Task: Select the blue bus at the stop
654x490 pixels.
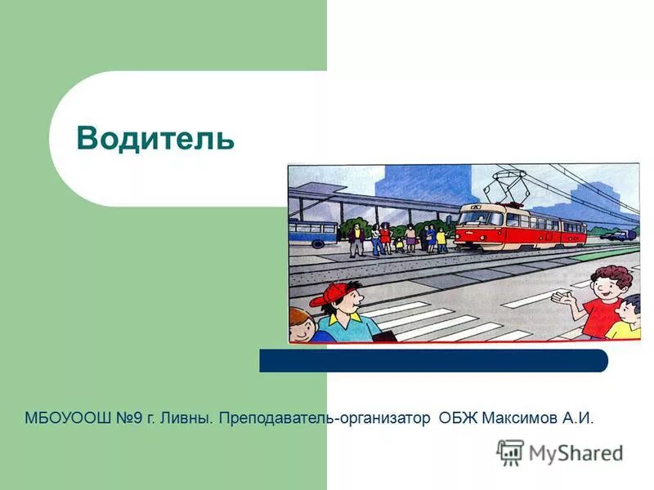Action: click(313, 233)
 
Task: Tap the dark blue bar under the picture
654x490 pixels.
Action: click(433, 360)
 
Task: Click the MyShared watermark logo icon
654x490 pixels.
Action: click(510, 452)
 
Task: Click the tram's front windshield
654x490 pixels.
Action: click(470, 219)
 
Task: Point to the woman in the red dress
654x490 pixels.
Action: click(384, 238)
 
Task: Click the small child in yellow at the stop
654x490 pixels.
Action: click(441, 239)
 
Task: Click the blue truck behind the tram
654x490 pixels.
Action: click(617, 234)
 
